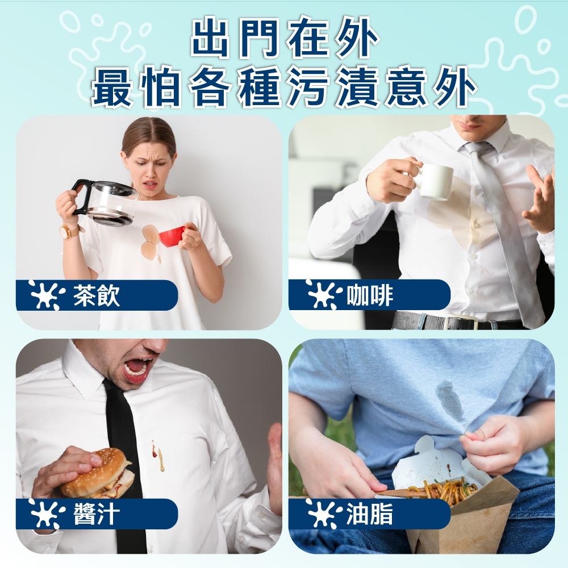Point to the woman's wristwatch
69,232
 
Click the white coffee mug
436,182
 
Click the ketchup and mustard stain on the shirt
158,456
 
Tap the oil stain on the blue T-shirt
450,400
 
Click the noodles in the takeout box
449,488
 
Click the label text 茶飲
96,295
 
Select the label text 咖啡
370,295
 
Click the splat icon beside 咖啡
323,294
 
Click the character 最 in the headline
112,87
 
